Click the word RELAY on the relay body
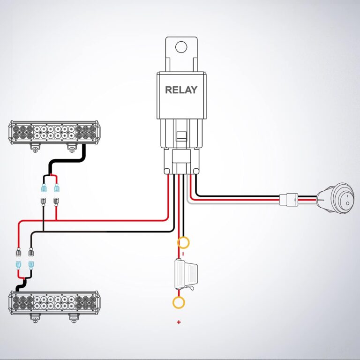[181, 90]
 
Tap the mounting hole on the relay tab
[180, 46]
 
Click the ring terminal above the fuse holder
[183, 242]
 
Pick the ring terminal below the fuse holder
[179, 302]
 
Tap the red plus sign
[179, 322]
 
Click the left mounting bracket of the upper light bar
[34, 147]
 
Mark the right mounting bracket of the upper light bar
[71, 147]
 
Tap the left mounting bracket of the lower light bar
[34, 318]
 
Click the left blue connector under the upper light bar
[44, 189]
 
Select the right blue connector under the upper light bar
[57, 189]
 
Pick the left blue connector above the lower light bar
[18, 264]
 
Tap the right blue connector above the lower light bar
[31, 264]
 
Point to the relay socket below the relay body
[180, 159]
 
